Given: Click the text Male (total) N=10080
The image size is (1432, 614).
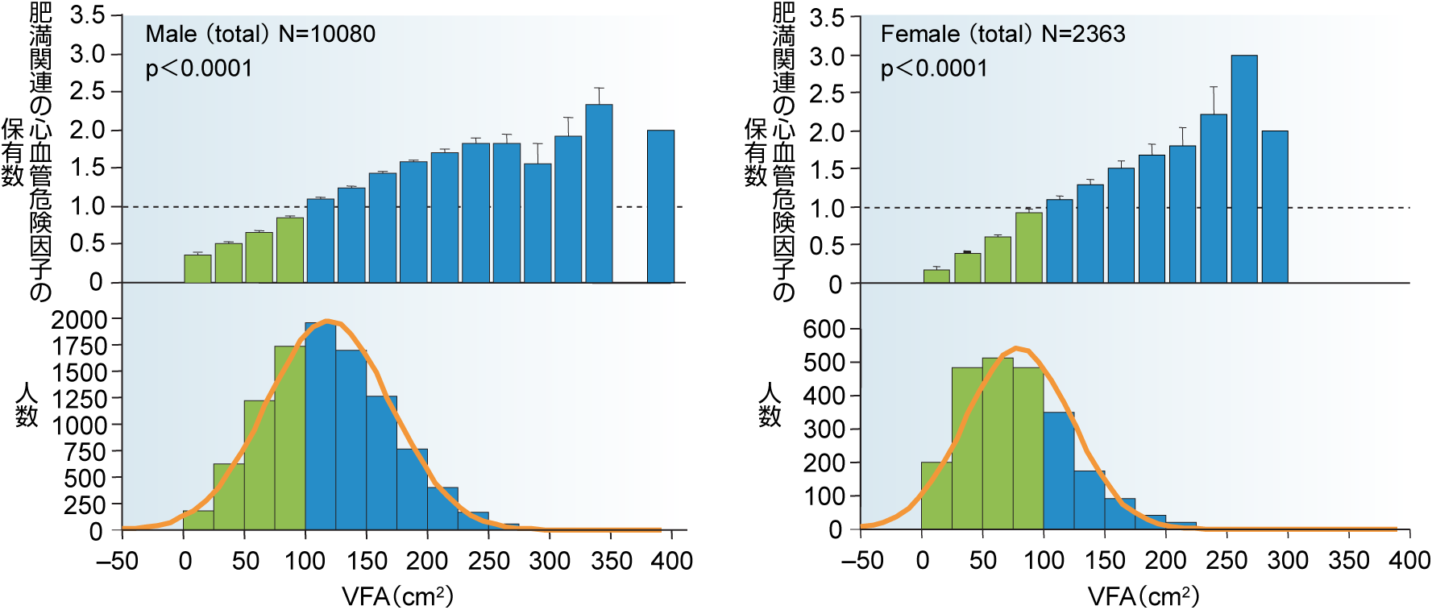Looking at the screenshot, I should (260, 34).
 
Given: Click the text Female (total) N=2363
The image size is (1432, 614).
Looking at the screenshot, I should (1002, 34).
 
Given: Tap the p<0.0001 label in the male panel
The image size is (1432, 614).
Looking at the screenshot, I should (199, 68).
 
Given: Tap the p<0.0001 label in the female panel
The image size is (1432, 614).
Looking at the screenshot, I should (934, 68).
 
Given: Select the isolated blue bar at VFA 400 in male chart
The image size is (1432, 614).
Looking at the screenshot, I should (661, 206).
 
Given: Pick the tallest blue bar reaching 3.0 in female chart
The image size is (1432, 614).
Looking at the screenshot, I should (1243, 169).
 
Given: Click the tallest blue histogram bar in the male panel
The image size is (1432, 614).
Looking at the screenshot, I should (321, 427).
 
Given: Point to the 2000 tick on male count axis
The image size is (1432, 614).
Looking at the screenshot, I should (79, 320).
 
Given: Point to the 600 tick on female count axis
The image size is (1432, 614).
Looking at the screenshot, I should (824, 329).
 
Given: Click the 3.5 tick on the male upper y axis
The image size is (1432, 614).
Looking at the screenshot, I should (87, 15).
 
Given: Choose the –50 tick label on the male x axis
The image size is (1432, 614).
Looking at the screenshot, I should (118, 561).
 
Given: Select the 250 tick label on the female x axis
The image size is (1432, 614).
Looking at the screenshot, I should (1227, 561).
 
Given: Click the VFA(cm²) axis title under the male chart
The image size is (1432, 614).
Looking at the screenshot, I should (398, 597).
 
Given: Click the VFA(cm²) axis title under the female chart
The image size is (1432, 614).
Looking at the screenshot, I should (1144, 597).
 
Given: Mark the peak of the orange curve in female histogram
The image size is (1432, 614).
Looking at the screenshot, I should (1017, 348).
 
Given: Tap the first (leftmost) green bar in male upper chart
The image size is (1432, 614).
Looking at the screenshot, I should (197, 269).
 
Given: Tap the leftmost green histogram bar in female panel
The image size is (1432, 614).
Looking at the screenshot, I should (936, 496).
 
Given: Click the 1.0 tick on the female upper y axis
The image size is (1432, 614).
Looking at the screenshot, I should (825, 208).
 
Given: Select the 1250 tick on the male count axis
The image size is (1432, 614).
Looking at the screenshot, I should (79, 399).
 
